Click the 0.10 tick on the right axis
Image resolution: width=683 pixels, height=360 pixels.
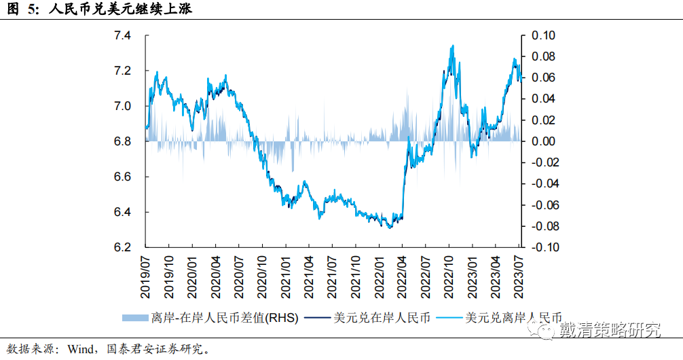[x=542, y=35]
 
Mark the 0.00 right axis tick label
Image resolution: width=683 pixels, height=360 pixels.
[x=542, y=141]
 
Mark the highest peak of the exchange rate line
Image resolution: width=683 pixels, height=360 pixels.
[x=452, y=46]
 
